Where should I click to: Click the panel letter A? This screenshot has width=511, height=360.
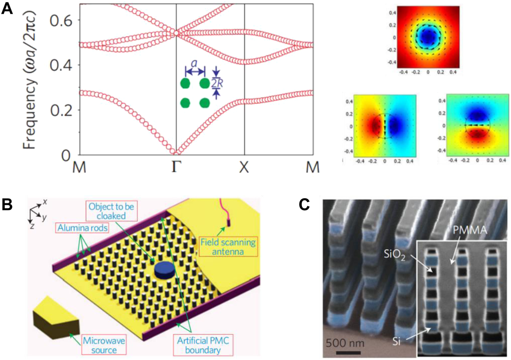(8, 9)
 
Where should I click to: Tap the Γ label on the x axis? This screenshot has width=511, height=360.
(176, 167)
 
